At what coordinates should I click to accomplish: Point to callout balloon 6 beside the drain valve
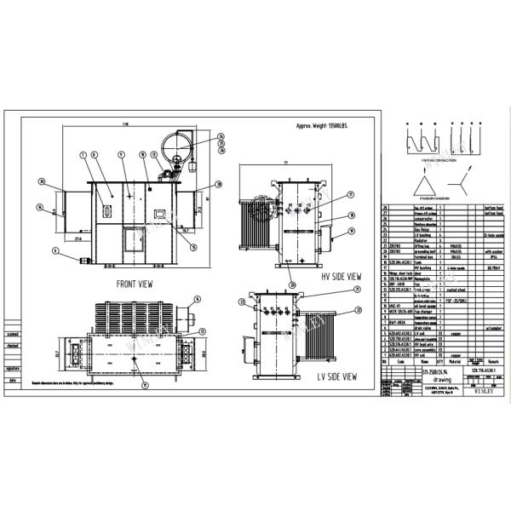pyautogui.click(x=55, y=251)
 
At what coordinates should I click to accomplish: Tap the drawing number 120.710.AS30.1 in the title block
pyautogui.click(x=482, y=372)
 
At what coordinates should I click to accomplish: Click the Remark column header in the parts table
pyautogui.click(x=493, y=360)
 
